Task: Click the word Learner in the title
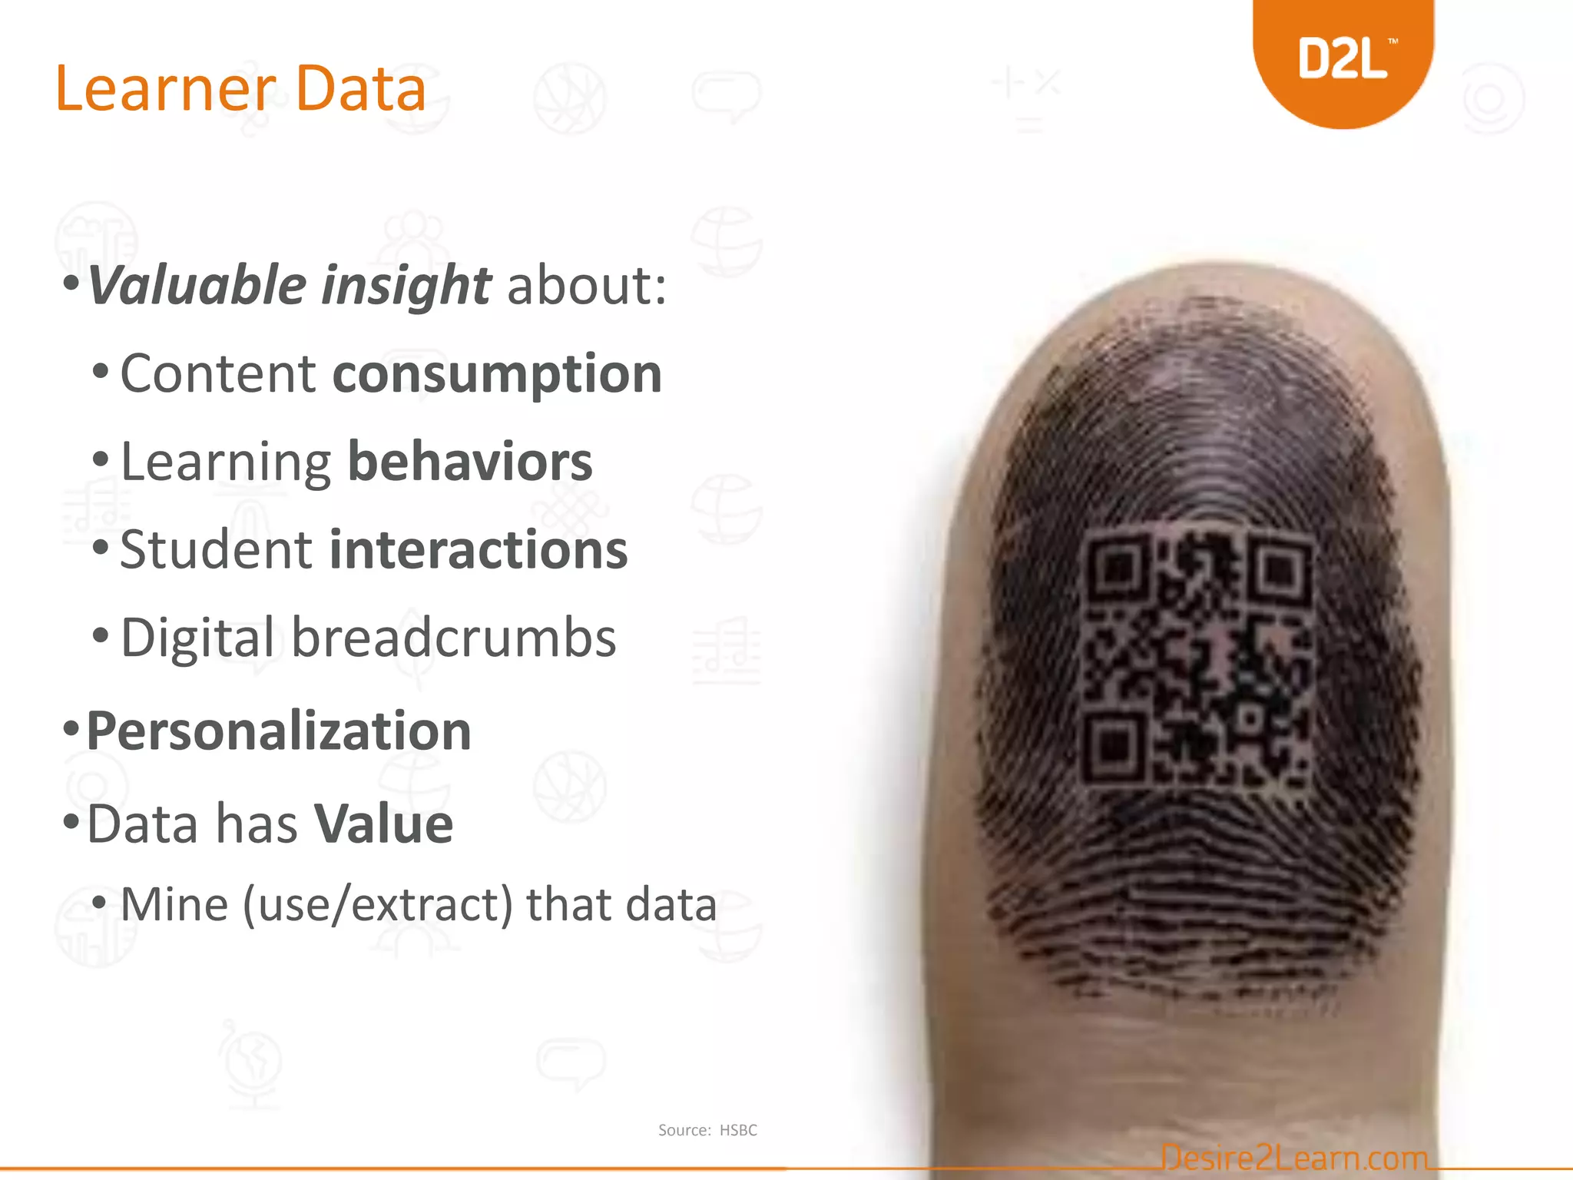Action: click(165, 89)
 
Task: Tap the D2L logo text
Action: click(1343, 60)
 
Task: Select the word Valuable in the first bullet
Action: click(197, 286)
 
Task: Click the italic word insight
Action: click(406, 286)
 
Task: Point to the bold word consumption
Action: click(497, 375)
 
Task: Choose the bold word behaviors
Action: click(470, 462)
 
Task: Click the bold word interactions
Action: click(479, 550)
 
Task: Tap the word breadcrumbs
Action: click(453, 638)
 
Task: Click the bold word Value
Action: click(384, 824)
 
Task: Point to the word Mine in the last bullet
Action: click(174, 904)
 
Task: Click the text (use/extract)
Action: click(377, 904)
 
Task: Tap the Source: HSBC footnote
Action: click(707, 1130)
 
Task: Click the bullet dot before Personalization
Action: click(71, 727)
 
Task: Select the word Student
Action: click(217, 550)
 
